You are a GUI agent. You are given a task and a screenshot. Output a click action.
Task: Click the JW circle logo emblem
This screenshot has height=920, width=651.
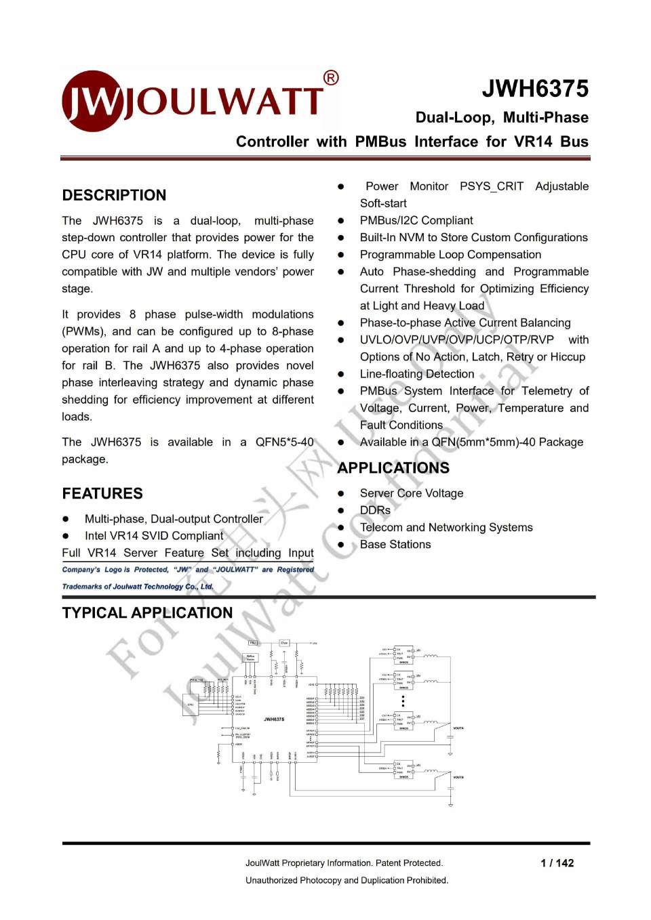pos(93,102)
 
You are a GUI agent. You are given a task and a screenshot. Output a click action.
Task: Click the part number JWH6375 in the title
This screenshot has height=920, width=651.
pos(535,89)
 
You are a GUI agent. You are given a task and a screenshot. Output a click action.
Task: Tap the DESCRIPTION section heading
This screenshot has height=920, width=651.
pos(114,195)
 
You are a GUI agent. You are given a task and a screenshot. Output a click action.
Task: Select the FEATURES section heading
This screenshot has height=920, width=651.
pos(102,493)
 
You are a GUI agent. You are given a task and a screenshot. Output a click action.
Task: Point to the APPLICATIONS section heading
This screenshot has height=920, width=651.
pos(393,468)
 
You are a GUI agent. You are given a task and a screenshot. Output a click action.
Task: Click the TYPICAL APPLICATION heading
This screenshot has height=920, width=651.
pos(147,613)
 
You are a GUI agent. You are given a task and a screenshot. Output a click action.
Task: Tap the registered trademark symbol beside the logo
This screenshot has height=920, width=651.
pos(331,78)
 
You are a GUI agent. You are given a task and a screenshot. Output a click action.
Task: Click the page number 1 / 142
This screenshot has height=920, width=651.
pos(557,863)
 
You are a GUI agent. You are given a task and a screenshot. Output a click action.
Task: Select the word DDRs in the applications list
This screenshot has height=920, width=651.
pos(375,510)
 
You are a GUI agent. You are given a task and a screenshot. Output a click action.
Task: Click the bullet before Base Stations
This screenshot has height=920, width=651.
pos(342,545)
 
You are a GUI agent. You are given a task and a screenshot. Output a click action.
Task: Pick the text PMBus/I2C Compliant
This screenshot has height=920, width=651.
pos(416,220)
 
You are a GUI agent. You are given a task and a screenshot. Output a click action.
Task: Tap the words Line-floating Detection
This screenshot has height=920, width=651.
pos(417,374)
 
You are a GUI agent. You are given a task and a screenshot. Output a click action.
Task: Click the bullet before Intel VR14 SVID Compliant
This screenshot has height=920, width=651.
pos(66,536)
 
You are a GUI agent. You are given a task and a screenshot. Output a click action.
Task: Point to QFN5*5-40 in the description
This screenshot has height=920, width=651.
pos(284,442)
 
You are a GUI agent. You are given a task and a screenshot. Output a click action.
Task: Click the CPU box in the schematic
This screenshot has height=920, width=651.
pos(191,705)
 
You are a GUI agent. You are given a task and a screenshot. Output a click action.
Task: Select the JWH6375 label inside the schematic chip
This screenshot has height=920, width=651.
pos(274,719)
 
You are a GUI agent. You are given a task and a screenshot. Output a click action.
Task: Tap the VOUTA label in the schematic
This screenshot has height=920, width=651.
pos(458,728)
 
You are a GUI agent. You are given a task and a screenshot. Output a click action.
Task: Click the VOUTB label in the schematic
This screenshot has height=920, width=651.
pos(458,777)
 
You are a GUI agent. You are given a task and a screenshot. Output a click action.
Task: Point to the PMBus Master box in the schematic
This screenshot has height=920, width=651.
pos(250,657)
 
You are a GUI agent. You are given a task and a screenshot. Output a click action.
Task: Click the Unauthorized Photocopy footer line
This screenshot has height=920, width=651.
pos(347,880)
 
